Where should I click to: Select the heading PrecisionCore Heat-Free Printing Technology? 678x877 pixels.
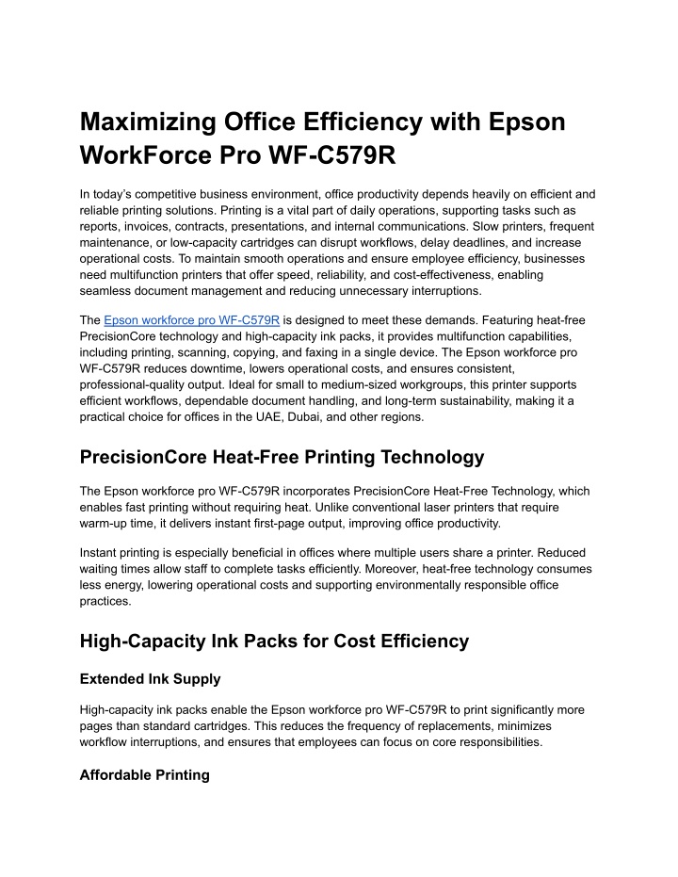pyautogui.click(x=282, y=457)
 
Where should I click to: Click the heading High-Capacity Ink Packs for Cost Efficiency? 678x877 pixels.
pyautogui.click(x=274, y=641)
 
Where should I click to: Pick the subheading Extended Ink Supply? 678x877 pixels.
pyautogui.click(x=152, y=677)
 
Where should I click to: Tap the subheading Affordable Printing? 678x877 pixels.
pyautogui.click(x=144, y=775)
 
